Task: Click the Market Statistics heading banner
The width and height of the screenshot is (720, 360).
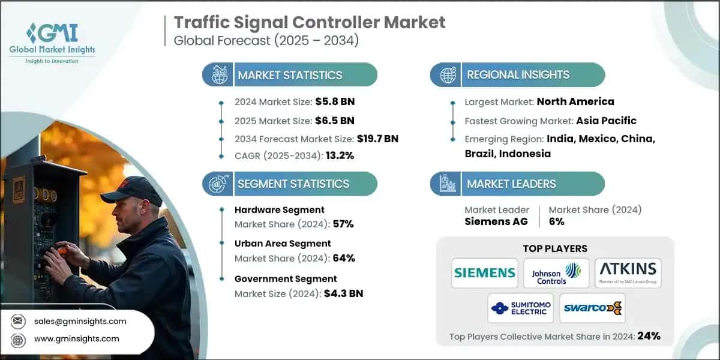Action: [290, 75]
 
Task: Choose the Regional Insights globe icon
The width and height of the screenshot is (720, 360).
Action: [447, 75]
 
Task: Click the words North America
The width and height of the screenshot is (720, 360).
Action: [575, 101]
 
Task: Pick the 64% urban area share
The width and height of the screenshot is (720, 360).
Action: [343, 258]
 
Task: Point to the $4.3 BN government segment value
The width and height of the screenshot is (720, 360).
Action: [344, 293]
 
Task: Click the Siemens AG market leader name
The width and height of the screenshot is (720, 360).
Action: [496, 221]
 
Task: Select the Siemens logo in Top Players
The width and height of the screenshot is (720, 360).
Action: [485, 273]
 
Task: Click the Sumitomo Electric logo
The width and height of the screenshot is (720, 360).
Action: [520, 308]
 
